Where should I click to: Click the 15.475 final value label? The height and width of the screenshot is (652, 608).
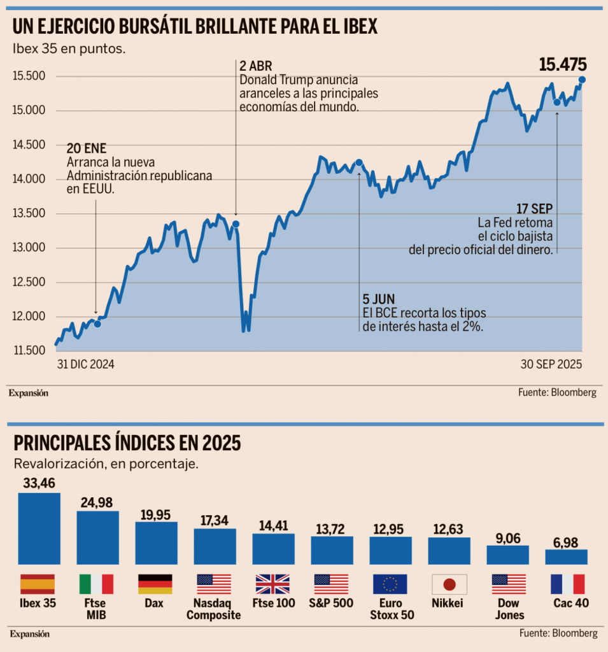point(562,64)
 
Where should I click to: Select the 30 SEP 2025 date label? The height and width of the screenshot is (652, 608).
point(551,365)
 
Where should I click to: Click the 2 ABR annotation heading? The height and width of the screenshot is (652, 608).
point(256,66)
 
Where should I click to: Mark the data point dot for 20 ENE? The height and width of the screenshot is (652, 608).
point(97,324)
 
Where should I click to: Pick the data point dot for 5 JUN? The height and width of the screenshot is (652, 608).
point(359,162)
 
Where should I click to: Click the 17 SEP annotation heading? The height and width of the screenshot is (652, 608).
point(535,209)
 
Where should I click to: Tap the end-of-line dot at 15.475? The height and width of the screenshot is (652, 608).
point(582,80)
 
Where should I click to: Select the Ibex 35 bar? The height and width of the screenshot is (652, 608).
point(39,528)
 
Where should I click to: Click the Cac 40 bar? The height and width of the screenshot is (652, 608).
point(566,557)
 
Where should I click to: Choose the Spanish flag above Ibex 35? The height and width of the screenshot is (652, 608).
point(38,584)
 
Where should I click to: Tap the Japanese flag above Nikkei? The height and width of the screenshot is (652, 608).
point(449,584)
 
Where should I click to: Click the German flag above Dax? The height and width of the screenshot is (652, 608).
point(155,584)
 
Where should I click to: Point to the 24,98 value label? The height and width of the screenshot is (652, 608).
point(97,502)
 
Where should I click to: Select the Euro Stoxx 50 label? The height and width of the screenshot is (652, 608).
point(390,609)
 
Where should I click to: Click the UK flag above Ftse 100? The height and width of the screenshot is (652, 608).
point(272,584)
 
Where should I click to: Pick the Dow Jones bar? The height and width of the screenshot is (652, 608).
point(507,555)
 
